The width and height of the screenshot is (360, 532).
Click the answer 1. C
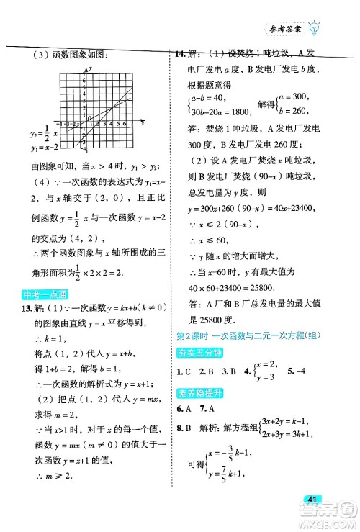tap(184, 374)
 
